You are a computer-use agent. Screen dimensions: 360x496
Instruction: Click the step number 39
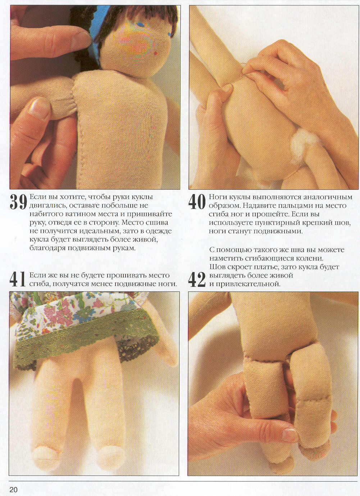click(18, 202)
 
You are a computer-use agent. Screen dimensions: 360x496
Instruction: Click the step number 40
click(197, 202)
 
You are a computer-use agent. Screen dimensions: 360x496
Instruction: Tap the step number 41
click(17, 279)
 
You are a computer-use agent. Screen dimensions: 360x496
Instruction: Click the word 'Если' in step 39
click(37, 197)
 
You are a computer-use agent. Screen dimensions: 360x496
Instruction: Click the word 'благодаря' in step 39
click(47, 248)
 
